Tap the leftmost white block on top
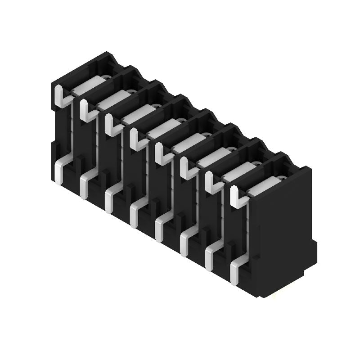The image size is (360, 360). coord(88,86)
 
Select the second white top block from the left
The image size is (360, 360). coord(112,100)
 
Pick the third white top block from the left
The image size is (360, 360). coord(138,115)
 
